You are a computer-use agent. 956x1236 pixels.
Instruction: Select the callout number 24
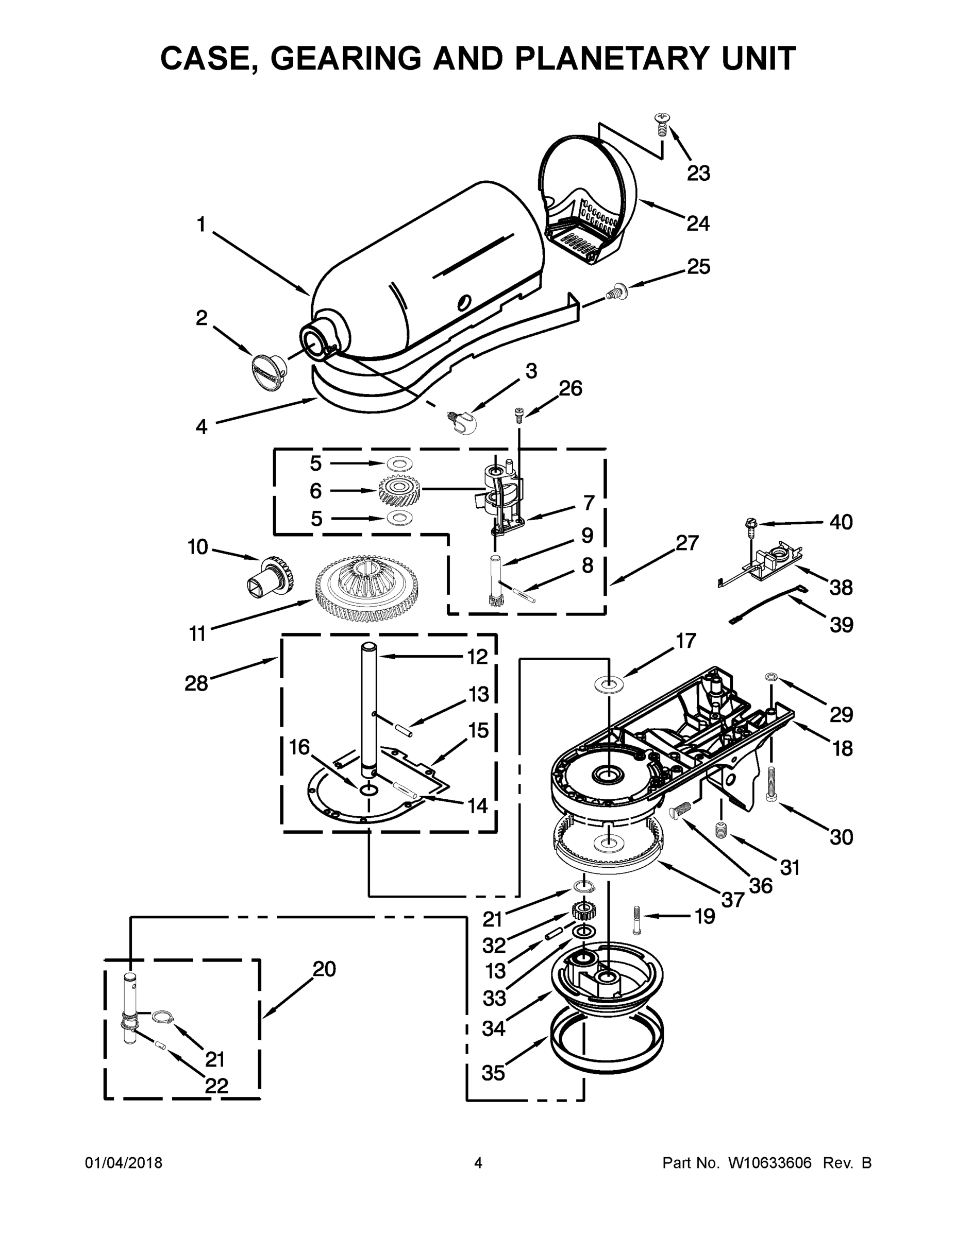click(698, 224)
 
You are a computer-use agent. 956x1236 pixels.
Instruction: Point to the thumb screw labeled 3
click(462, 422)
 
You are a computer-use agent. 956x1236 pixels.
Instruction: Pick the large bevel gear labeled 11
click(367, 589)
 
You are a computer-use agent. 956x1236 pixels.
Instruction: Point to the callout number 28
click(196, 683)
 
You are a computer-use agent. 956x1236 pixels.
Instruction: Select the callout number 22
click(216, 1086)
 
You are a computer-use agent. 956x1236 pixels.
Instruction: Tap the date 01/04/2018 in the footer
click(124, 1162)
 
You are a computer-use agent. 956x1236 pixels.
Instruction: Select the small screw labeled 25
click(614, 293)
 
